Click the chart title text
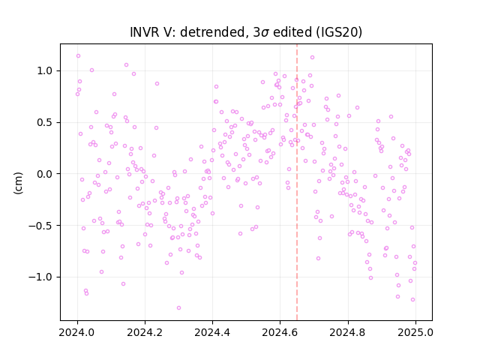coord(246,32)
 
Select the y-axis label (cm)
coord(18,183)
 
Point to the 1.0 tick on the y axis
coord(45,71)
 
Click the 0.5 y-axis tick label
coord(45,122)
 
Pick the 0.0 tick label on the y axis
coord(45,174)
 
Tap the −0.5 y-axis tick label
coord(40,226)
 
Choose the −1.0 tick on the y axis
coord(40,277)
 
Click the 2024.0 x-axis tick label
coord(77,332)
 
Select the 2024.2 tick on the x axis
coord(145,332)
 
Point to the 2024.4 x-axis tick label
coord(212,332)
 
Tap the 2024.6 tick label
coord(280,332)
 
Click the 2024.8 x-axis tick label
coord(348,332)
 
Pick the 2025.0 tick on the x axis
coord(415,332)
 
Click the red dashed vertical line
coord(297,182)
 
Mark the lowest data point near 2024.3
coord(178,308)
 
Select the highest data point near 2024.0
coord(78,56)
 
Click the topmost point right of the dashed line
coord(312,58)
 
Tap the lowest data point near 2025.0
coord(412,300)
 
